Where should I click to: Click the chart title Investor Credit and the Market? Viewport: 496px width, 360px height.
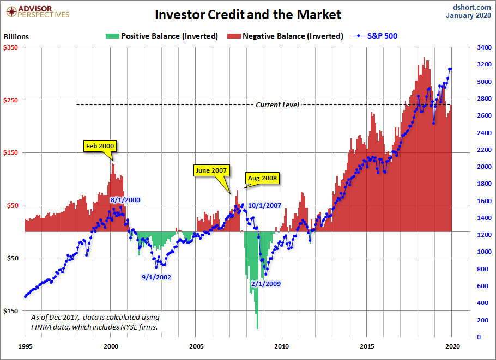pos(248,14)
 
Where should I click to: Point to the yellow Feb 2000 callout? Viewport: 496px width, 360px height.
pos(100,146)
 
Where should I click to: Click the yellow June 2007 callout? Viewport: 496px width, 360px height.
pos(211,170)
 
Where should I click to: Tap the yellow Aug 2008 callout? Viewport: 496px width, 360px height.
pos(262,178)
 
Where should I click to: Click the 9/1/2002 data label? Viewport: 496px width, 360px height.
pos(156,277)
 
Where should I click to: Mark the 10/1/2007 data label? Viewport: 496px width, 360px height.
pos(264,205)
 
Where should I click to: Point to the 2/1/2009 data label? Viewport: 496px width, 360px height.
pos(265,284)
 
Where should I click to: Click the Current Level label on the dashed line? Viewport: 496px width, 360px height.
pos(277,105)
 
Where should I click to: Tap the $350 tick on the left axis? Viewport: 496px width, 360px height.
pos(12,48)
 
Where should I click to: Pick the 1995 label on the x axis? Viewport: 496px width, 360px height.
pos(25,346)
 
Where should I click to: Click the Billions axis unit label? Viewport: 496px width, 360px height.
pos(16,37)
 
